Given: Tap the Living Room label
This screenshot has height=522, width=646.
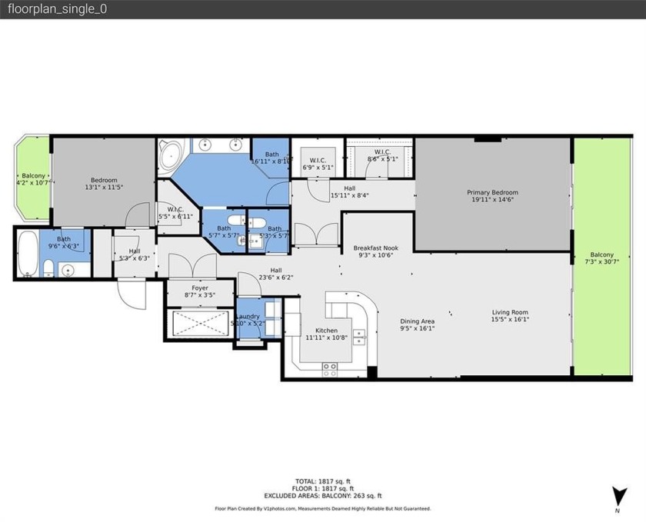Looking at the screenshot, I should click(511, 312).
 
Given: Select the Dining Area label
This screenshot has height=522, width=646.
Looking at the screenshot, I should click(418, 321).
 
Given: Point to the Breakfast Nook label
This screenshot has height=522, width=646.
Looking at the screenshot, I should click(373, 248).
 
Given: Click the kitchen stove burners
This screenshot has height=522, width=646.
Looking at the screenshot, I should click(329, 368).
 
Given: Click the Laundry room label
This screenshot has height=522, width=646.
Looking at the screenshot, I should click(248, 316).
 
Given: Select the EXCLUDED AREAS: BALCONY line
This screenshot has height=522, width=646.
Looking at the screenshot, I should click(323, 496).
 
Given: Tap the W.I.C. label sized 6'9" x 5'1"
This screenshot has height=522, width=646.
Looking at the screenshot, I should click(316, 161).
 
